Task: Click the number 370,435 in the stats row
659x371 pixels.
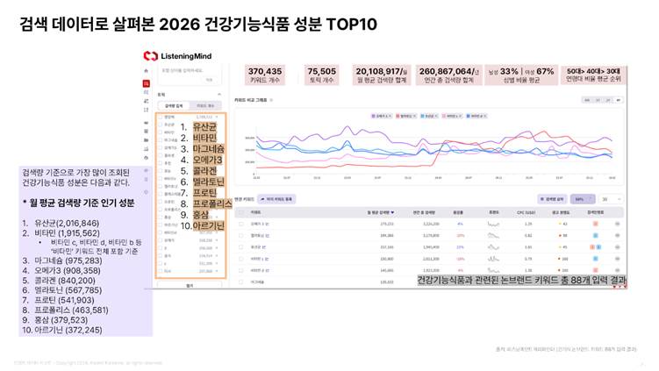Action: click(265, 71)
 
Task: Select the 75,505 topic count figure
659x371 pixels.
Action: click(321, 71)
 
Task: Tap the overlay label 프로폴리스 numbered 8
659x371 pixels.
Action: click(211, 203)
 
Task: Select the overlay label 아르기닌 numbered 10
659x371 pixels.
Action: click(210, 225)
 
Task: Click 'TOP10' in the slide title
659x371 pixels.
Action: click(351, 24)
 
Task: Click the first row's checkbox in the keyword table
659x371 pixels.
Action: click(241, 225)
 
